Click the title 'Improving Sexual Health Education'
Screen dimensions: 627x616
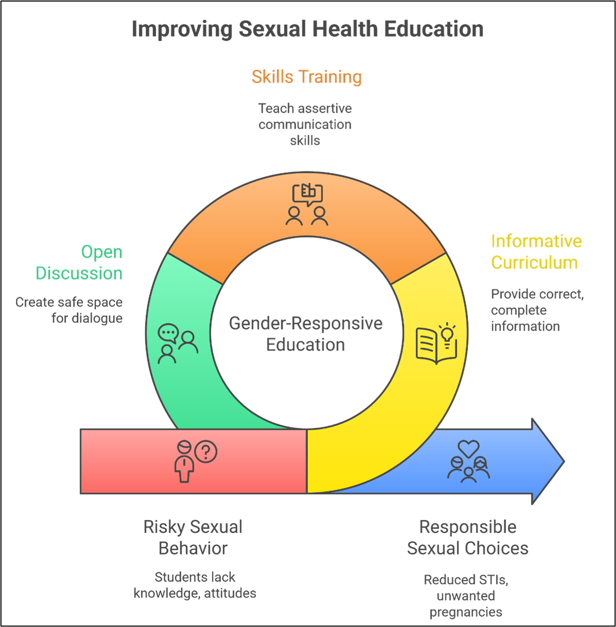[x=307, y=29]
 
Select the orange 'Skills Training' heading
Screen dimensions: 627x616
[x=307, y=77]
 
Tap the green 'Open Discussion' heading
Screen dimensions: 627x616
[x=79, y=263]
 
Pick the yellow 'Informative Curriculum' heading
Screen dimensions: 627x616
[x=536, y=252]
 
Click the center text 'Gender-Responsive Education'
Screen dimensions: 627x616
[x=306, y=334]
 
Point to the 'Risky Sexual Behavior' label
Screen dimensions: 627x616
[x=193, y=538]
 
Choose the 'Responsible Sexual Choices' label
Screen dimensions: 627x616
[x=468, y=538]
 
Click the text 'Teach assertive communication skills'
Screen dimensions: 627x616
[x=305, y=124]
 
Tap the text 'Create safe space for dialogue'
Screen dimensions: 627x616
[x=70, y=310]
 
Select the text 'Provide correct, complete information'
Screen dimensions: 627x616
[x=537, y=310]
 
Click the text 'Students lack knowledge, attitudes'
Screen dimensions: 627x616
[x=195, y=585]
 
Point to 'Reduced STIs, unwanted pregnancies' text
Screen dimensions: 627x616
[x=466, y=596]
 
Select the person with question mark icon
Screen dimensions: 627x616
[x=194, y=461]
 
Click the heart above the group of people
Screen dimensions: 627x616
[x=469, y=448]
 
